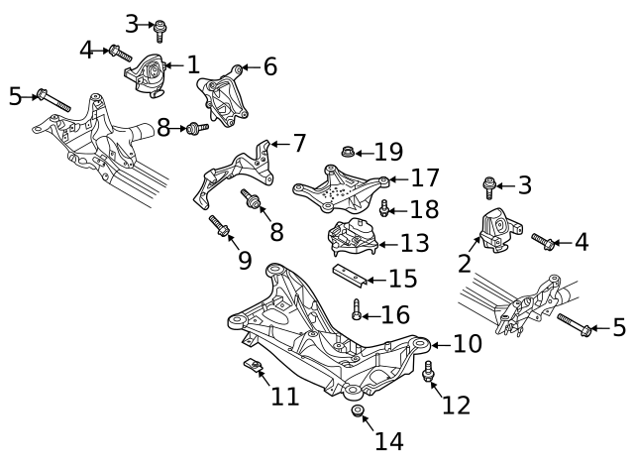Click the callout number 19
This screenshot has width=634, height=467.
(388, 152)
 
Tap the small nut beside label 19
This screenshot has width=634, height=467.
(348, 152)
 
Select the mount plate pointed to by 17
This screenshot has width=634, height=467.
(342, 187)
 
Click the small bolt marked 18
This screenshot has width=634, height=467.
(385, 208)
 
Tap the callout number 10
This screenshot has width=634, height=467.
(467, 344)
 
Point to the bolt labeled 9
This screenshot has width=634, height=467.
(220, 230)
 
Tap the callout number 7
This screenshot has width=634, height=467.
(299, 143)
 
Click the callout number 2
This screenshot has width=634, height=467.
(464, 263)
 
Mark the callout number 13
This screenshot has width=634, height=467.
(414, 243)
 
